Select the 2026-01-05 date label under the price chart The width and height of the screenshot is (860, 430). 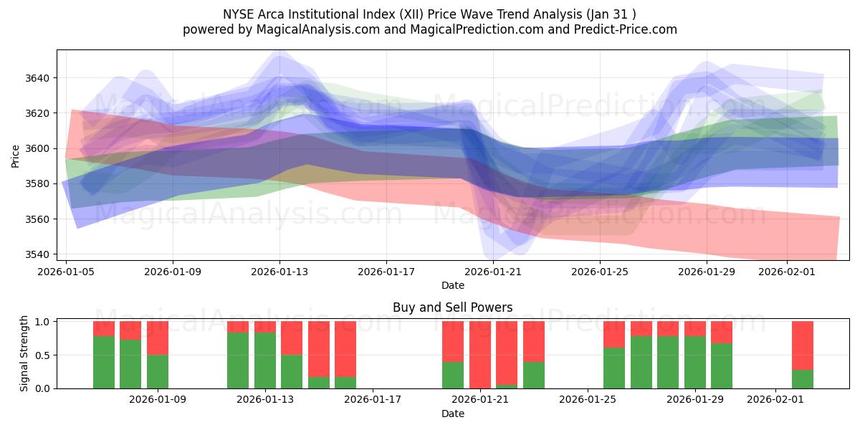pos(67,272)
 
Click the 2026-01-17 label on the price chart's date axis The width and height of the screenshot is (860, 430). pos(386,272)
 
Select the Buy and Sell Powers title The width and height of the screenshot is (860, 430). pos(452,307)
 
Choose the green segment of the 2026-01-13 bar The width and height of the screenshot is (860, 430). pos(265,360)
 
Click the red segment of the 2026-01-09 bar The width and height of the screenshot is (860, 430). pos(158,338)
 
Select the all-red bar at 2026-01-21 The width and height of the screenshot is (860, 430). pos(480,355)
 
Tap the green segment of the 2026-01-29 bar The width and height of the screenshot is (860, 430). pos(695,362)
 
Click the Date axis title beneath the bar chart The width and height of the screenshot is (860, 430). pos(452,414)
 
